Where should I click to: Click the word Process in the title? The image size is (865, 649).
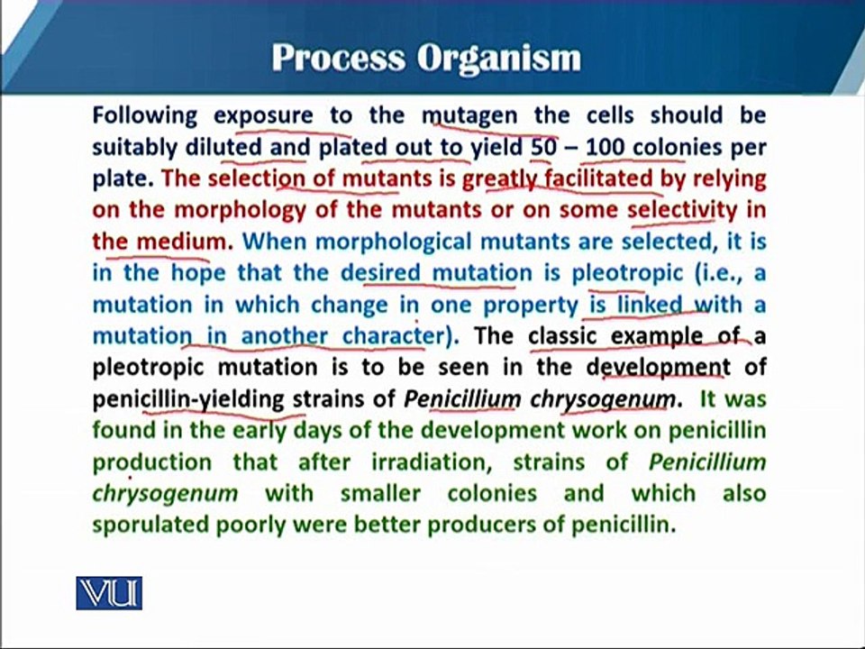[x=339, y=58]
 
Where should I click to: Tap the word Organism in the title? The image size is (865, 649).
[x=498, y=59]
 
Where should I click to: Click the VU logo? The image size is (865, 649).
[x=109, y=593]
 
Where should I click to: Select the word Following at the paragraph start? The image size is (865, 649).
[x=145, y=116]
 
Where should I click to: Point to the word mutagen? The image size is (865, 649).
[x=470, y=116]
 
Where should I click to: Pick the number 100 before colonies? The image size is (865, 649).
[x=605, y=147]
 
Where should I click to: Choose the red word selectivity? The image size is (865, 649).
[x=682, y=211]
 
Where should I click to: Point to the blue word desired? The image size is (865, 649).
[x=380, y=273]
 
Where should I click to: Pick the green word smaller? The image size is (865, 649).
[x=380, y=493]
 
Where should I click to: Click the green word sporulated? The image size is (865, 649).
[x=151, y=525]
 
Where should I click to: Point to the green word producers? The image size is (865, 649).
[x=486, y=525]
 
